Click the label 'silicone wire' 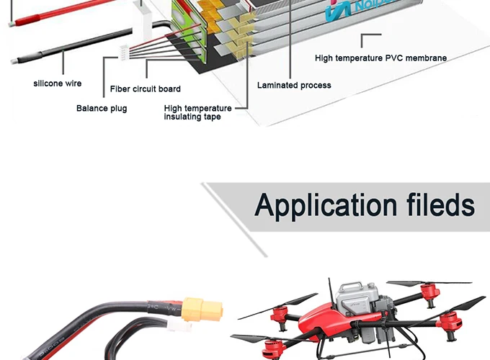(58, 84)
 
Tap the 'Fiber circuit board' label (146, 89)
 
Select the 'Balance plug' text (102, 109)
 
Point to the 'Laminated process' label (294, 86)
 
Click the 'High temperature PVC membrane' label (380, 58)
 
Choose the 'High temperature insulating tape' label (197, 112)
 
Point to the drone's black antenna (331, 292)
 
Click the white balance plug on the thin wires (123, 53)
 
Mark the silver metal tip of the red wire (12, 24)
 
